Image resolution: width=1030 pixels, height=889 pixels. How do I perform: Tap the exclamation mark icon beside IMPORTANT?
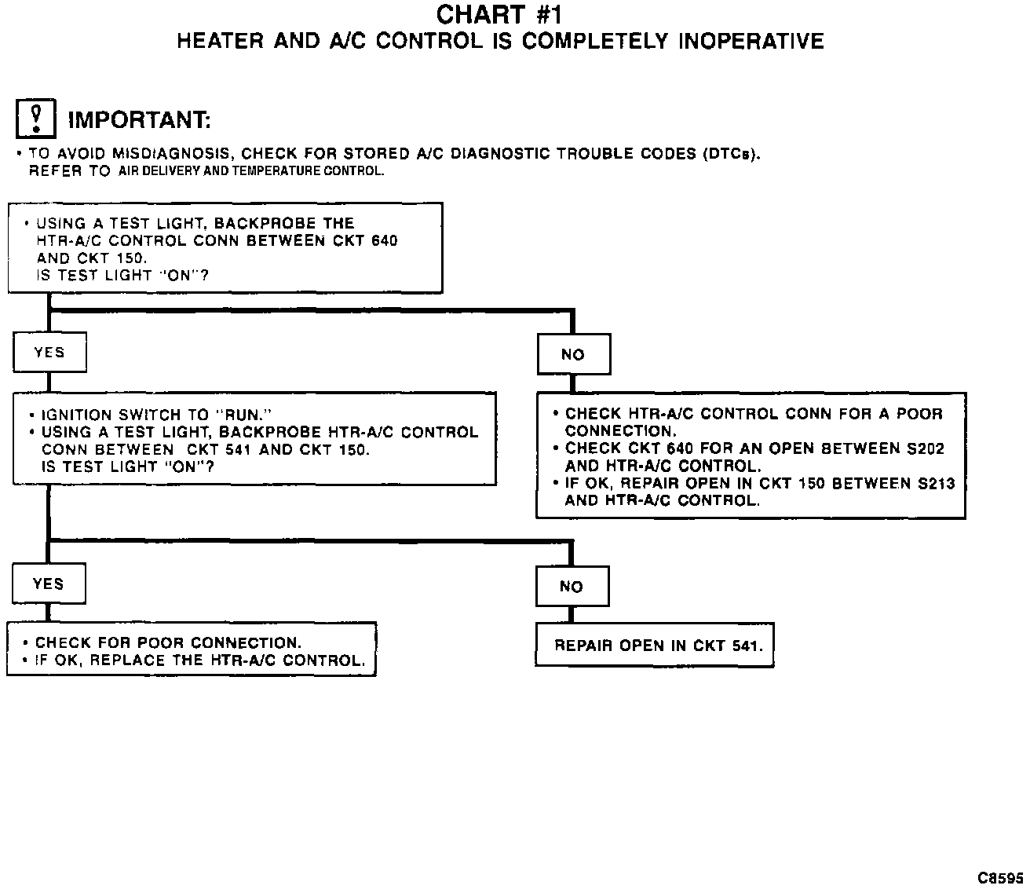[x=35, y=119]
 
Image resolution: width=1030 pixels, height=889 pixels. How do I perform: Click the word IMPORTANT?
[x=140, y=120]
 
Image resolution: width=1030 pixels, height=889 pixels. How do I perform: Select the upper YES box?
[x=49, y=353]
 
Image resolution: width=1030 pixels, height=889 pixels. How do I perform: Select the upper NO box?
[x=573, y=355]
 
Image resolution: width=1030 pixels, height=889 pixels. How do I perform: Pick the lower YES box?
[x=49, y=584]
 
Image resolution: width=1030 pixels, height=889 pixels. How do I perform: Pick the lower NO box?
[x=572, y=587]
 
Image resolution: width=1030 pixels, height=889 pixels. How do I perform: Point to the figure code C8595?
[x=1000, y=876]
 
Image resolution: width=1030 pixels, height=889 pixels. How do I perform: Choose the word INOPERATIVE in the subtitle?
[x=751, y=41]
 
